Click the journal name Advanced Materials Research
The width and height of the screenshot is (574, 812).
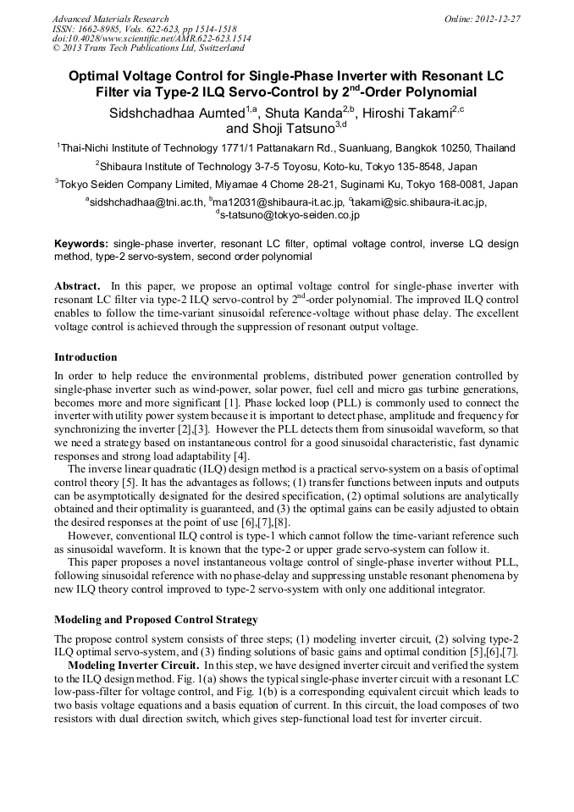(x=110, y=19)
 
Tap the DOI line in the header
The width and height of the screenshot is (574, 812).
(x=152, y=38)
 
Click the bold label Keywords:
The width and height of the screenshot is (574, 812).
(x=81, y=244)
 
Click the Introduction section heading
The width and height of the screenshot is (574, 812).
(x=86, y=357)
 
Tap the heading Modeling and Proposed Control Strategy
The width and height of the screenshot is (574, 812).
(x=156, y=620)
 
